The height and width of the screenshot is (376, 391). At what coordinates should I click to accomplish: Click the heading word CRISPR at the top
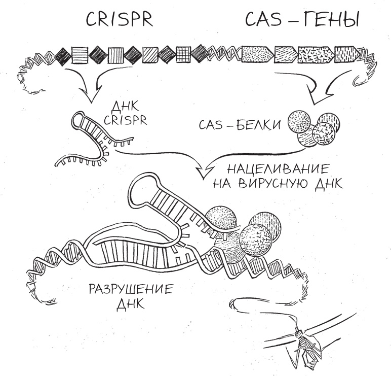pos(119,20)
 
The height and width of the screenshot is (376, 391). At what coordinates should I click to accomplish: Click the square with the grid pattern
pos(183,53)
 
